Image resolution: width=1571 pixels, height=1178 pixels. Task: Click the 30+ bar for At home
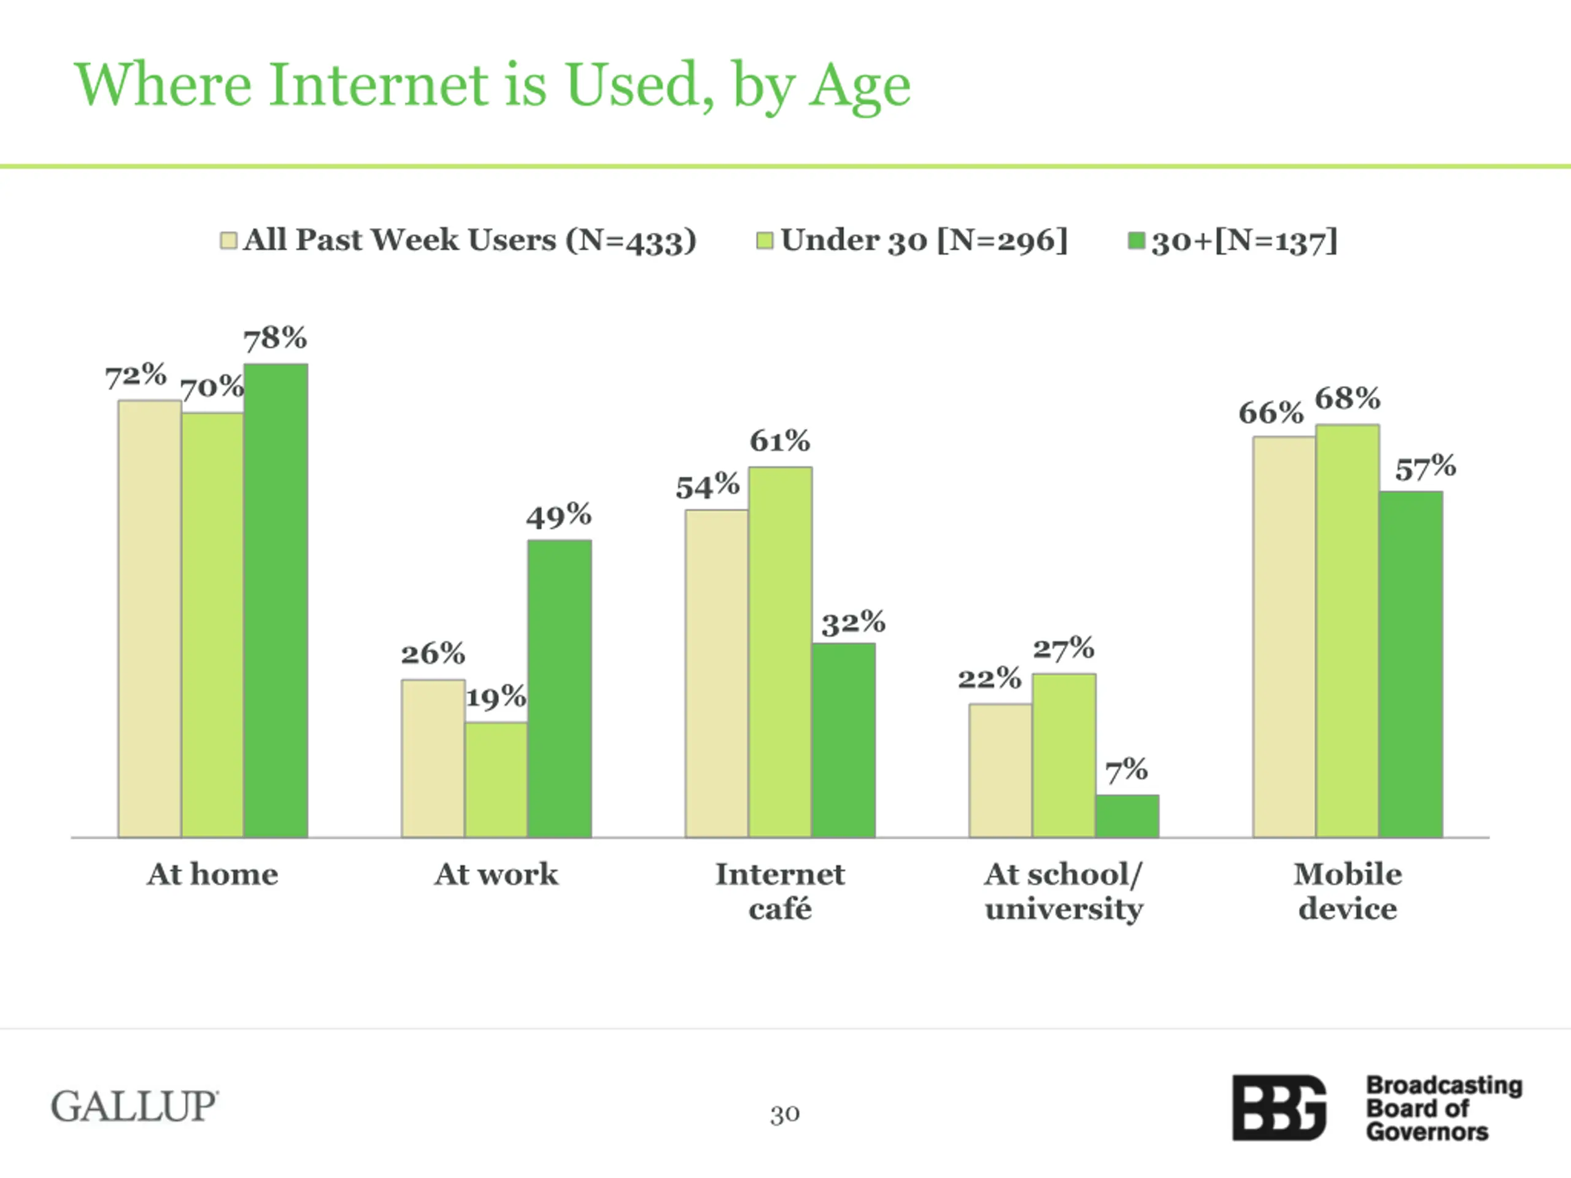276,601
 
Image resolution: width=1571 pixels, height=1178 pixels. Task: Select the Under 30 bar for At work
496,780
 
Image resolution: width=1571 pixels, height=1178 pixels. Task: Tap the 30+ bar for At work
560,689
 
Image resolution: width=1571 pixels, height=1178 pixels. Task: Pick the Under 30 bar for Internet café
780,652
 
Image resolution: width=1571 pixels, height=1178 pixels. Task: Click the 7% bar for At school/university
1127,816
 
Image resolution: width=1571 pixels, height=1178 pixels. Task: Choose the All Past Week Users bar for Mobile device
1284,637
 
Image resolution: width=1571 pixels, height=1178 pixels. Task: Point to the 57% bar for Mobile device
1410,664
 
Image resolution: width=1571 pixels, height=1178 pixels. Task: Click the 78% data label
276,338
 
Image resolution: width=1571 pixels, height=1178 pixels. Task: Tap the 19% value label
496,696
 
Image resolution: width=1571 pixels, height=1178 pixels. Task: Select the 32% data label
853,623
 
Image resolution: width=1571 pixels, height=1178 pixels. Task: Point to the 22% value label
989,678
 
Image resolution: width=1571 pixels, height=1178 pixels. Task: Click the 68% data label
1347,398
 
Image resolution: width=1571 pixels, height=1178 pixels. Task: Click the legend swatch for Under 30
764,241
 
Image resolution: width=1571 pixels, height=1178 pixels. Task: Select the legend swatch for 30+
1137,241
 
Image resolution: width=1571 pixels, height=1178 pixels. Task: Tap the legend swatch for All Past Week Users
228,241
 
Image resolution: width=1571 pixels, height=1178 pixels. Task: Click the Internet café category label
780,891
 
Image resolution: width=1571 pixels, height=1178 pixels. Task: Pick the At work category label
496,874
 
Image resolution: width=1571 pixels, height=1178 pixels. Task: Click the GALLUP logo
134,1106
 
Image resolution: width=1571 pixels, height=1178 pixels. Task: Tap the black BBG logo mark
1278,1107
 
